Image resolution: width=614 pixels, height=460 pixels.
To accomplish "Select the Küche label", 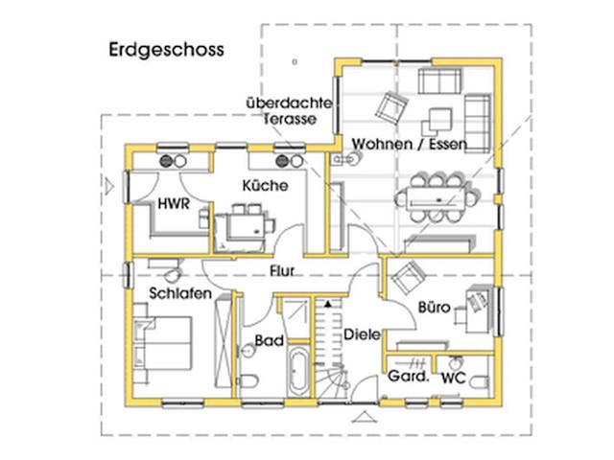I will (x=264, y=186).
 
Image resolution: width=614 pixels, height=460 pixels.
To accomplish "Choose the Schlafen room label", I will (x=179, y=294).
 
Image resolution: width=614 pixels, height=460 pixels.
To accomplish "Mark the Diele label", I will (x=362, y=334).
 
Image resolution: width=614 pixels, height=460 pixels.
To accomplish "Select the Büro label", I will (x=434, y=308).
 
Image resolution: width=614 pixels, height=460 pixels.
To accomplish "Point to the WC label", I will (x=452, y=379).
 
